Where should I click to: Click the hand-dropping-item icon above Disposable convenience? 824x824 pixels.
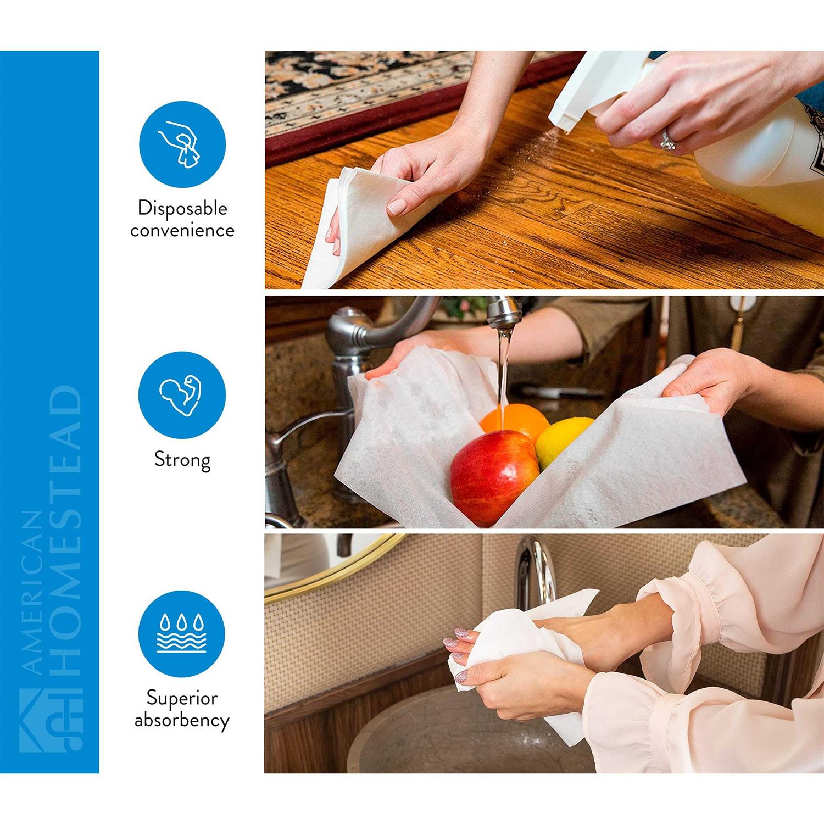pos(182,143)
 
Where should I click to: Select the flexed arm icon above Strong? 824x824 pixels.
pos(182,394)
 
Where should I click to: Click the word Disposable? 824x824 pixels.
pos(182,209)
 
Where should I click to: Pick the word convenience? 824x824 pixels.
pos(182,230)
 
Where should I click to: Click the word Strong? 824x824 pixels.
pos(182,460)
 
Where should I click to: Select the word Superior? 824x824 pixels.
pos(182,699)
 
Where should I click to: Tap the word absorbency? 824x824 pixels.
pos(182,721)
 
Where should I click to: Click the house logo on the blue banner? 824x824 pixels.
pos(51,720)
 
